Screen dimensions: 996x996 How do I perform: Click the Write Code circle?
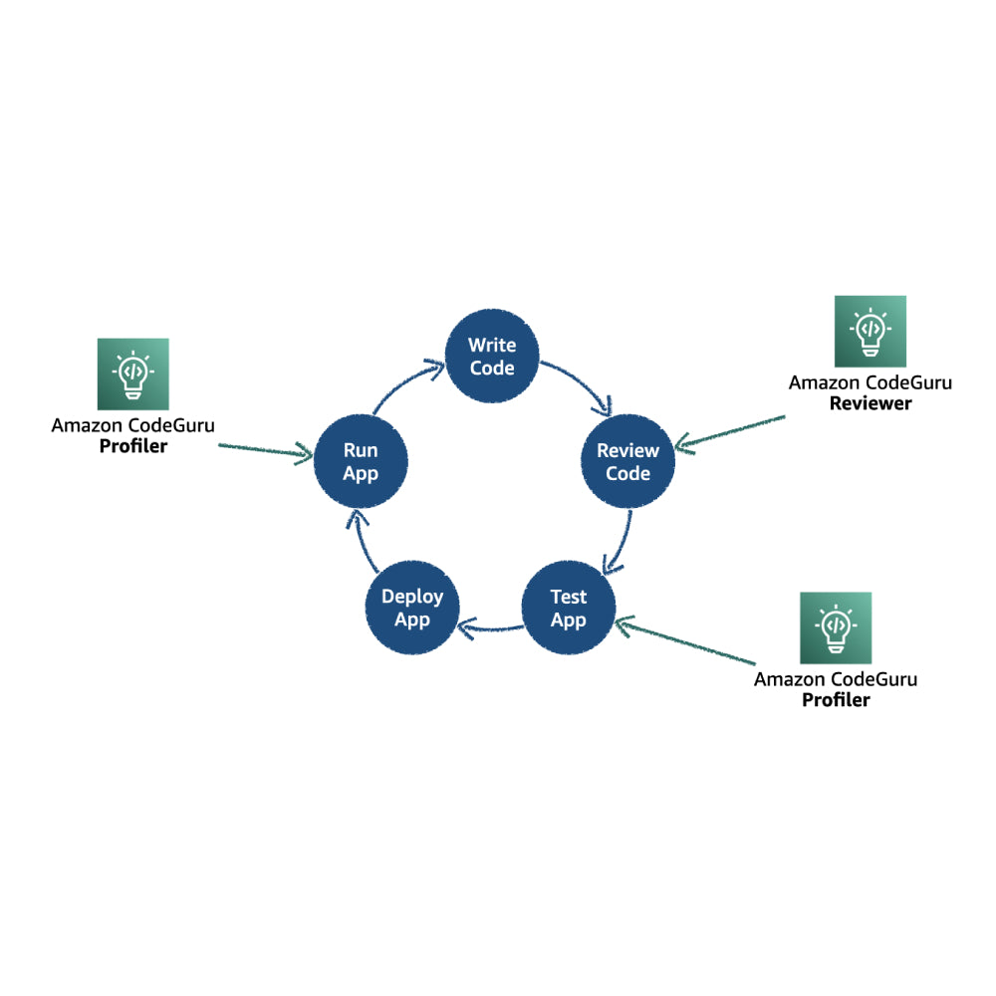pyautogui.click(x=492, y=357)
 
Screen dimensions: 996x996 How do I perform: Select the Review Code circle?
pyautogui.click(x=627, y=461)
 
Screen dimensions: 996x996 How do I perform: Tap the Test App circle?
pyautogui.click(x=569, y=608)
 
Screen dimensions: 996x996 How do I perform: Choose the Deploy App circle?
pyautogui.click(x=412, y=608)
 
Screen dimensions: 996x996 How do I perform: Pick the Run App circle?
pyautogui.click(x=361, y=461)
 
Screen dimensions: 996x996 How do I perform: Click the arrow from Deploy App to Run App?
pyautogui.click(x=356, y=543)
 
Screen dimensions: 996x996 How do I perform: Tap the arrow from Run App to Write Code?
pyautogui.click(x=403, y=383)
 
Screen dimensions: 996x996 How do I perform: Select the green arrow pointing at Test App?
pyautogui.click(x=687, y=642)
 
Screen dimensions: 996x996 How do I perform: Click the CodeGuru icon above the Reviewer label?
pyautogui.click(x=870, y=331)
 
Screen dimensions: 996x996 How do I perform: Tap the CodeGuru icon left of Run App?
pyautogui.click(x=132, y=373)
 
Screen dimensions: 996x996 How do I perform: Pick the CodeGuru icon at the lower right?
pyautogui.click(x=836, y=627)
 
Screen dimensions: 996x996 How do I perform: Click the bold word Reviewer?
pyautogui.click(x=870, y=403)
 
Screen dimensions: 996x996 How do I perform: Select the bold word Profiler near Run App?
pyautogui.click(x=132, y=446)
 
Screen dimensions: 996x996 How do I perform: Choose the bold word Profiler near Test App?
pyautogui.click(x=836, y=700)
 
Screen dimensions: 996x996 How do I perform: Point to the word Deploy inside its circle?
pyautogui.click(x=412, y=598)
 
